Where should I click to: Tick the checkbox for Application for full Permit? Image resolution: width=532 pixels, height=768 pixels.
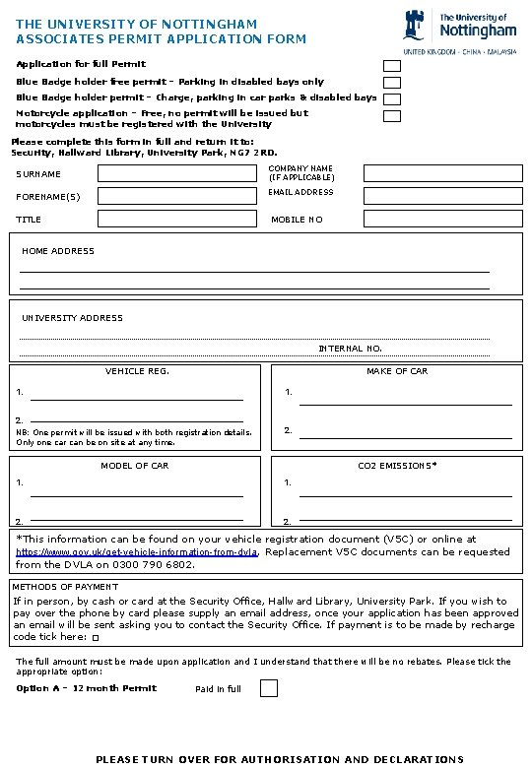tap(392, 65)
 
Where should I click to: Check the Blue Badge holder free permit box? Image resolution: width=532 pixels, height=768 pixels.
tap(392, 83)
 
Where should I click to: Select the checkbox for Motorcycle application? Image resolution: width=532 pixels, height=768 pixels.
tap(392, 116)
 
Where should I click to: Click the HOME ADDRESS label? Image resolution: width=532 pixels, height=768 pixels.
tap(58, 251)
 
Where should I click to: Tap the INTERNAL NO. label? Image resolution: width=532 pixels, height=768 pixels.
tap(350, 349)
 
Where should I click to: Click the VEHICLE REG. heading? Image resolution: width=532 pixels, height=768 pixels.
tap(137, 371)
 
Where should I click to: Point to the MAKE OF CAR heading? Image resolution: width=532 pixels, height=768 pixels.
tap(397, 371)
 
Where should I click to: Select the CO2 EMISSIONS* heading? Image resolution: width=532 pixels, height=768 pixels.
tap(397, 465)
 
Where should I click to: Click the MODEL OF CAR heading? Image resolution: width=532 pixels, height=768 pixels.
tap(135, 465)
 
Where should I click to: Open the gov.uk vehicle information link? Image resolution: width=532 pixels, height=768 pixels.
tap(137, 553)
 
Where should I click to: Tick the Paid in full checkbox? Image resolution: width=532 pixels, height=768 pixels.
tap(269, 688)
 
